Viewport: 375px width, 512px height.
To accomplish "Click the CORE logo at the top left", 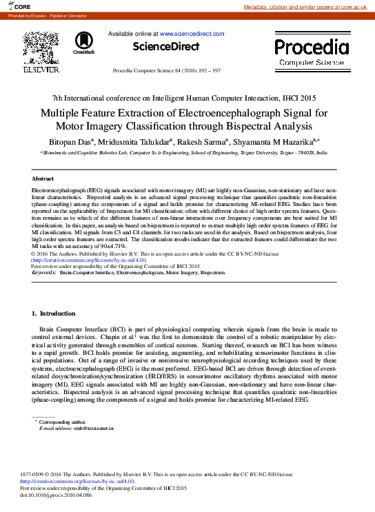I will [20, 6].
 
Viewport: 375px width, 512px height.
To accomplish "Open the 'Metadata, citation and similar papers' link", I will [308, 6].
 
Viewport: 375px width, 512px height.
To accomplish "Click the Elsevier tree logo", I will [41, 48].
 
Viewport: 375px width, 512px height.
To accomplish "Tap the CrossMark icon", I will [84, 43].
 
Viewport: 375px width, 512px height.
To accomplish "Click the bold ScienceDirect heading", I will [166, 47].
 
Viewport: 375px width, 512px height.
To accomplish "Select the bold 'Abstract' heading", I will [43, 178].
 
